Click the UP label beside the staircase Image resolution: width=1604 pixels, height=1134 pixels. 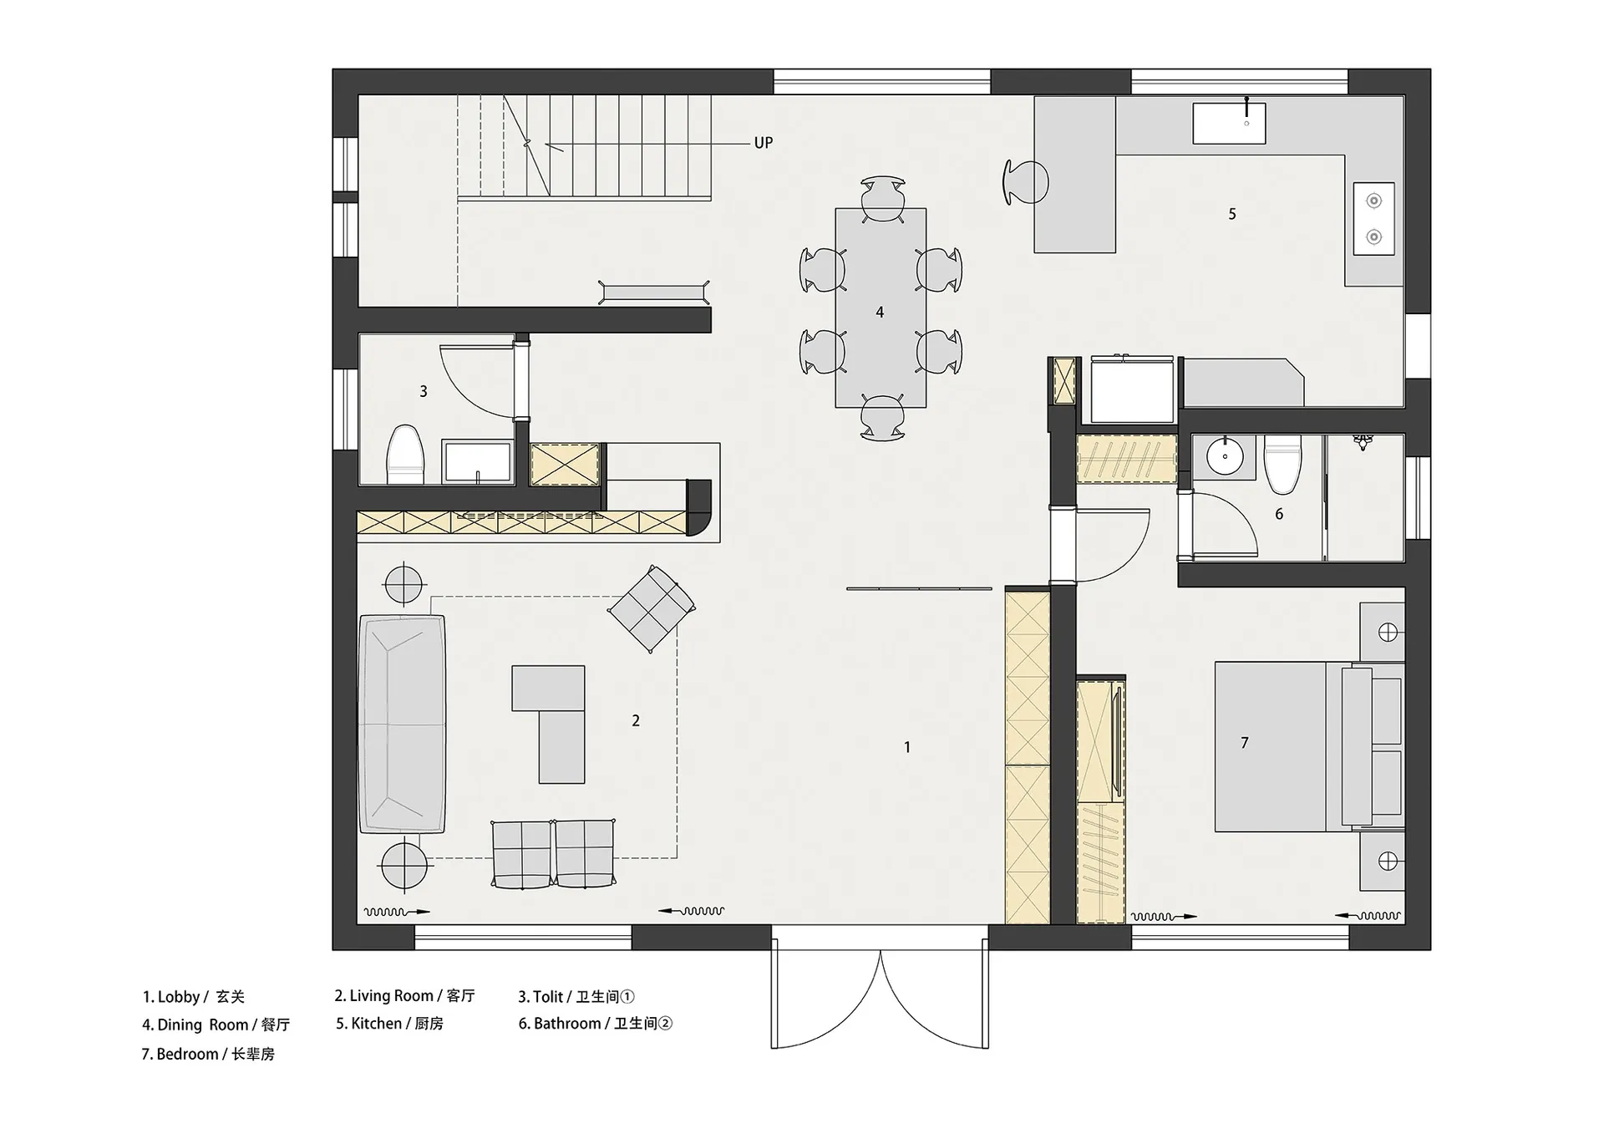pos(763,143)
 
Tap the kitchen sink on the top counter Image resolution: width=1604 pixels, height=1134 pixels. pos(1228,124)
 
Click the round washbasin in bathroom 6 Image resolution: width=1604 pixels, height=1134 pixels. pos(1226,457)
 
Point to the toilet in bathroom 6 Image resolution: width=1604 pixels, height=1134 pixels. pos(1282,463)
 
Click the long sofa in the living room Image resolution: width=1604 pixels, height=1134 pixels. pos(402,724)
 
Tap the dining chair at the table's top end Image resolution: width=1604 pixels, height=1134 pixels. pos(882,199)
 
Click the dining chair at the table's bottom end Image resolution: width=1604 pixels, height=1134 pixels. pos(882,417)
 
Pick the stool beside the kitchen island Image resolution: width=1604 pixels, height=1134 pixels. pos(1024,181)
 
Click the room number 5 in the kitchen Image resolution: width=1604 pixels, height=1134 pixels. pos(1232,214)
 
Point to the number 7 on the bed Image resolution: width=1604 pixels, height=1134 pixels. pos(1245,742)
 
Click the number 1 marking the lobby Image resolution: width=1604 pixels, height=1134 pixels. pos(907,747)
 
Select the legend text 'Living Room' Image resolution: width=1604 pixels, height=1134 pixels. pos(391,995)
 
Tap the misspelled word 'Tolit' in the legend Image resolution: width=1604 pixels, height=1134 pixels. pos(548,996)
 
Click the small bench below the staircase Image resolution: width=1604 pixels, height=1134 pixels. pos(654,292)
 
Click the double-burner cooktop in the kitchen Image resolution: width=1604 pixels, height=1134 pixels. pos(1373,219)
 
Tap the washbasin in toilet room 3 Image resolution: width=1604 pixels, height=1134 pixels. pos(478,462)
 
